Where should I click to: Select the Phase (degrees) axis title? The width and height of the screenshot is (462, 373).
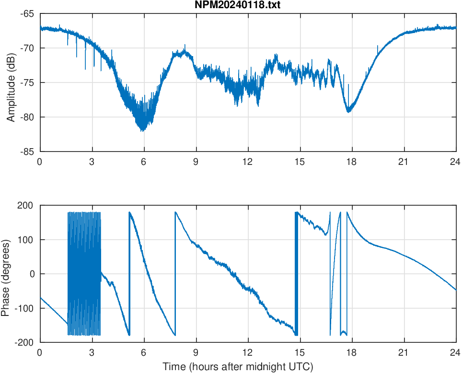coord(6,274)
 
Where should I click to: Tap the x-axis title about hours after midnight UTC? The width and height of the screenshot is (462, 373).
coord(238,367)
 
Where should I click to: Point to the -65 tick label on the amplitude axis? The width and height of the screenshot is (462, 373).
coord(27,13)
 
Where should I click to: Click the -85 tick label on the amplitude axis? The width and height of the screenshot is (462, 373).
coord(27,152)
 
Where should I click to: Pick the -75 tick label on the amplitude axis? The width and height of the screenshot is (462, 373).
coord(27,82)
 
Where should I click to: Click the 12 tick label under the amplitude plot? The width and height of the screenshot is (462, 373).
coord(248,162)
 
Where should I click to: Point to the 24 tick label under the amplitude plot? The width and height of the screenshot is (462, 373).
coord(456,162)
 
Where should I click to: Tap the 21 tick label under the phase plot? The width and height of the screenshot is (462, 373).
coord(404,352)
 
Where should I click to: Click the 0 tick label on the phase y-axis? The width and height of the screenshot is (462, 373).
coord(32,274)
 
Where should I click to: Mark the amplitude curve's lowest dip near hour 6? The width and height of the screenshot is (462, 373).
coord(142,130)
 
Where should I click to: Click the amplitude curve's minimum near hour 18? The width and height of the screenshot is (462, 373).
coord(349,112)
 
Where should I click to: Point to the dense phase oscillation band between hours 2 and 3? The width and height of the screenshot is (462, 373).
coord(84,273)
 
